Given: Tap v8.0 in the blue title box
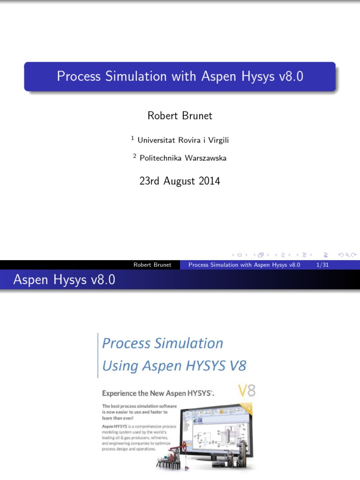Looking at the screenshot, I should pyautogui.click(x=291, y=76).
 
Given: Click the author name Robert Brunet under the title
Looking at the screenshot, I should pyautogui.click(x=180, y=115).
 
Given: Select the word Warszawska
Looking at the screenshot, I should pyautogui.click(x=206, y=158).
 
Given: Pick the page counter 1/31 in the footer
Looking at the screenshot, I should pyautogui.click(x=322, y=265).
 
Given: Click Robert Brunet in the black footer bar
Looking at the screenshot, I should pyautogui.click(x=152, y=265).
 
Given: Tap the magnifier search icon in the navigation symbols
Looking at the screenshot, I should pyautogui.click(x=347, y=255).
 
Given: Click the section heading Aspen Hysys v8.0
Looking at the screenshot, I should pyautogui.click(x=64, y=280).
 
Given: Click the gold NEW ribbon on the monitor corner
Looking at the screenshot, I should pyautogui.click(x=244, y=407).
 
